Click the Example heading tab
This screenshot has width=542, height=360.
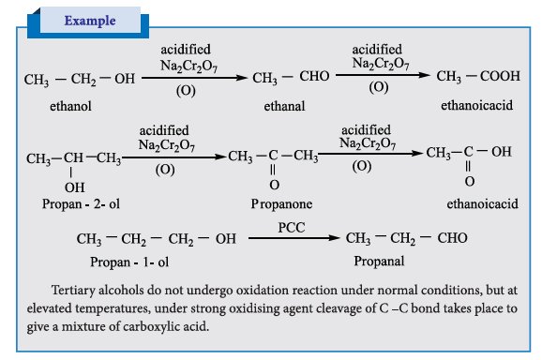point(90,21)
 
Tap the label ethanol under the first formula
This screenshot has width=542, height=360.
point(71,106)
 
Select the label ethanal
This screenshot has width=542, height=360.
point(284,106)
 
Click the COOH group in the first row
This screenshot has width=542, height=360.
point(500,76)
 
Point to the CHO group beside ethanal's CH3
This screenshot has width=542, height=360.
point(314,76)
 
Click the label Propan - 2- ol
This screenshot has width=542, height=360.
point(81,204)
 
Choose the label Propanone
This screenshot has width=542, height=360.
point(281,203)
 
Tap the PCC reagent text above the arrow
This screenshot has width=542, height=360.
point(292,228)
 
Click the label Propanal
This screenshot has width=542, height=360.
point(379,262)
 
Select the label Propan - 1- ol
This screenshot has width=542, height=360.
point(129,262)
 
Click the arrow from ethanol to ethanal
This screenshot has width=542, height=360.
point(195,78)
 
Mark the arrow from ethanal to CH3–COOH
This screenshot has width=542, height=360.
point(383,75)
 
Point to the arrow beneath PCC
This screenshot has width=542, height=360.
point(294,238)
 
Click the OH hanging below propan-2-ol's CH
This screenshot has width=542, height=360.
point(75,187)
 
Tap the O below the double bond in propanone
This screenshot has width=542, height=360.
point(275,185)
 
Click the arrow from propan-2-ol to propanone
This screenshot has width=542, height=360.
point(174,157)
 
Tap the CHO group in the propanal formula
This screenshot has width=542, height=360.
point(453,238)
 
